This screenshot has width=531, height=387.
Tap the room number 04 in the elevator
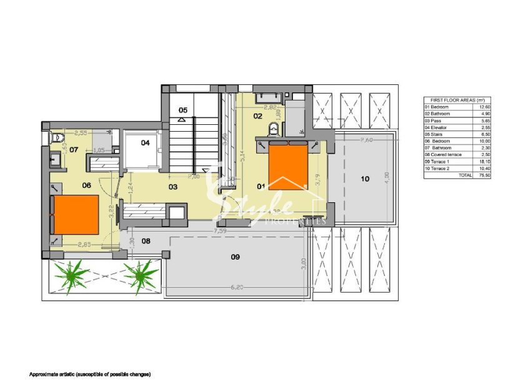point(145,143)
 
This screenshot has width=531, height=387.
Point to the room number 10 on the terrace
point(365,179)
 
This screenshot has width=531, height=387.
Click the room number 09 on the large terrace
point(236,257)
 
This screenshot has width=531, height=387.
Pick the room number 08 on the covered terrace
point(146,240)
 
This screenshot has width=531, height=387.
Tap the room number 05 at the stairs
point(182,110)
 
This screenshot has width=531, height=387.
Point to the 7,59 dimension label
point(219,230)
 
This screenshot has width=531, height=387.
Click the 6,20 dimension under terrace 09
point(237,288)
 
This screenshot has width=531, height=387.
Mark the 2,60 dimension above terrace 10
point(367,140)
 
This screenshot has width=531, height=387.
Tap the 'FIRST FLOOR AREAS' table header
point(454,100)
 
